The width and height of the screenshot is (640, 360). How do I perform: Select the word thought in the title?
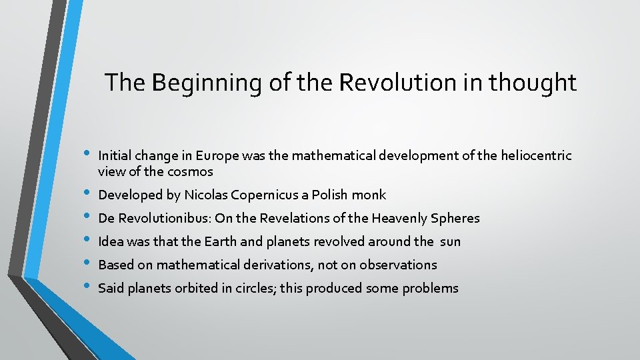[x=532, y=83]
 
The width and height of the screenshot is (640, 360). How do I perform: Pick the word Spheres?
[x=455, y=219]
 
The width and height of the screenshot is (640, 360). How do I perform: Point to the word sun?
[x=450, y=241]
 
